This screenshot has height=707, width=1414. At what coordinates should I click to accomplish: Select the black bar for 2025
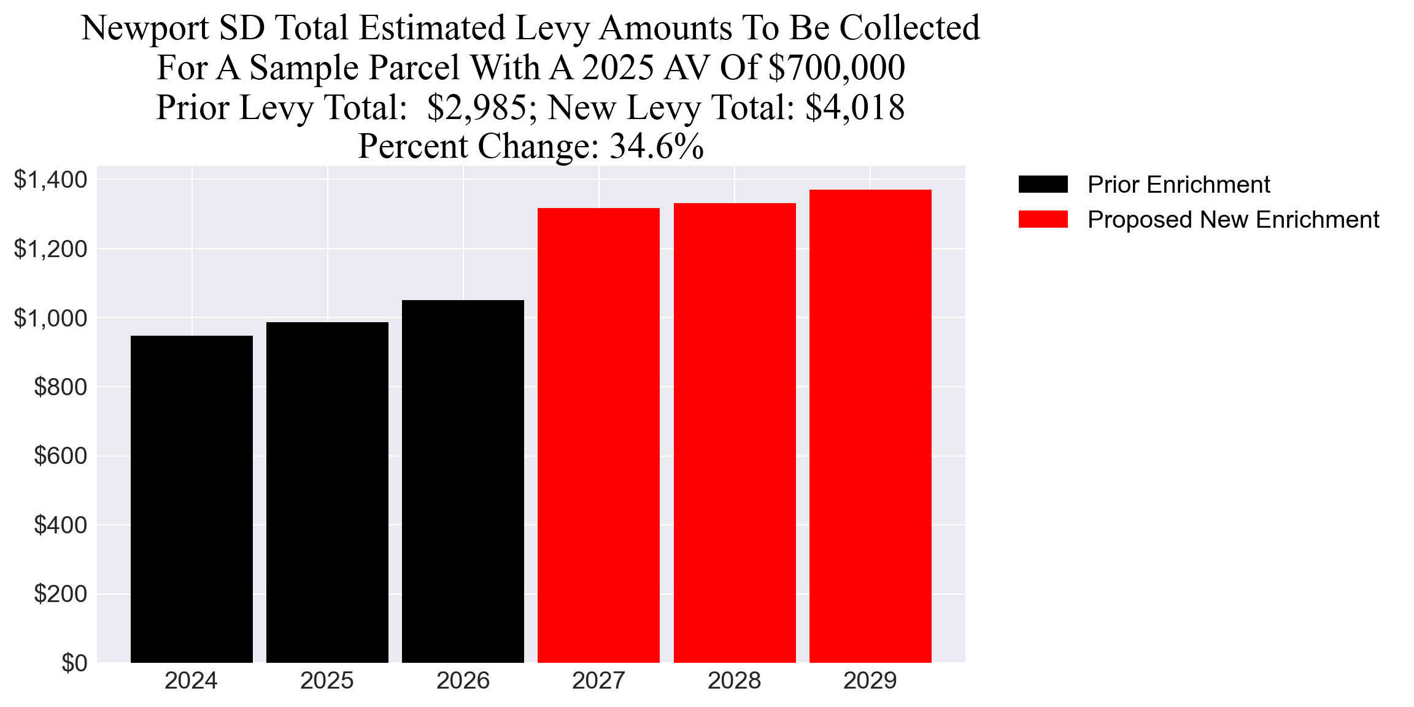click(x=327, y=492)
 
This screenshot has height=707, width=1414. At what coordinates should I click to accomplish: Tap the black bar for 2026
click(x=463, y=481)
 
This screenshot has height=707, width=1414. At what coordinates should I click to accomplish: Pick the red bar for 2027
click(x=598, y=435)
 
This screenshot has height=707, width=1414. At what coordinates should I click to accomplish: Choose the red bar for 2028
click(x=735, y=433)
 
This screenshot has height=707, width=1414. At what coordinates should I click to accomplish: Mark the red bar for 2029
click(x=870, y=426)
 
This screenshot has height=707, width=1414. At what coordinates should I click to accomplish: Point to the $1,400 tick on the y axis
click(x=50, y=180)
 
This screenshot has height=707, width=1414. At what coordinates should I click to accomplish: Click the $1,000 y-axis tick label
click(x=50, y=318)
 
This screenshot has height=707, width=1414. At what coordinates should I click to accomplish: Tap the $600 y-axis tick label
click(x=60, y=456)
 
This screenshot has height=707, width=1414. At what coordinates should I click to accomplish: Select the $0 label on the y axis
click(x=74, y=663)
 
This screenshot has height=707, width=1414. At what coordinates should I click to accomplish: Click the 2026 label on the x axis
click(x=463, y=681)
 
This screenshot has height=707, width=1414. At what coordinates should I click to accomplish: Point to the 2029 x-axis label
click(x=870, y=681)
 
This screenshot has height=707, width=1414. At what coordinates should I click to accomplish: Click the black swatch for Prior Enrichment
click(x=1043, y=184)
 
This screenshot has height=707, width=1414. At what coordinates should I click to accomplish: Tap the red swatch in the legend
click(x=1043, y=219)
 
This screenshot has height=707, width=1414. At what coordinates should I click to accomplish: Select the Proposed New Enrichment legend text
click(x=1233, y=219)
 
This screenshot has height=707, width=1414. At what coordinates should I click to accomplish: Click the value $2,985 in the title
click(x=476, y=107)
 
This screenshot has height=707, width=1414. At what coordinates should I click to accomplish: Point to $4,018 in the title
click(x=855, y=107)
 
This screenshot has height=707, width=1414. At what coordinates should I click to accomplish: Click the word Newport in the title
click(x=145, y=28)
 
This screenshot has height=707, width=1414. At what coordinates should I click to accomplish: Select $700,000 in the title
click(x=836, y=68)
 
